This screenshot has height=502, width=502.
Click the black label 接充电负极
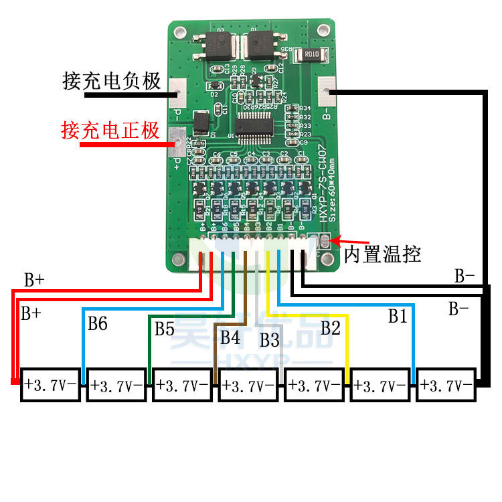112,81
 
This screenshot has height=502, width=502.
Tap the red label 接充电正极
110,129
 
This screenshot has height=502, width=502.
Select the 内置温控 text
382,254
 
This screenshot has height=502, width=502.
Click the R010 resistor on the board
311,55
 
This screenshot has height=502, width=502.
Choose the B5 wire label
165,329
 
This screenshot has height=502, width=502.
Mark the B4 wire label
230,337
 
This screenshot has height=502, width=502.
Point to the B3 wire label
269,340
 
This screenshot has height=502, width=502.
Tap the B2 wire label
330,328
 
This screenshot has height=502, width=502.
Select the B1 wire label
398,317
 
